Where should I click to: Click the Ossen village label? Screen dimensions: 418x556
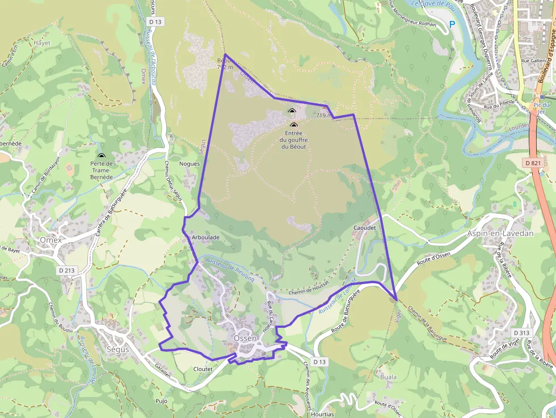coord(245,339)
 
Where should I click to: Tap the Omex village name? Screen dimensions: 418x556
coord(50,240)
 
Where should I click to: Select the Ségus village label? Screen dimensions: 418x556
coord(118,349)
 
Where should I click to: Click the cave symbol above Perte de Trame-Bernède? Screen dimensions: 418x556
coord(102,155)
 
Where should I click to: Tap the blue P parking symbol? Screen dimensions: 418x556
coord(452,24)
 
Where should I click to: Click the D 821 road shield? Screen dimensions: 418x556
coord(533,163)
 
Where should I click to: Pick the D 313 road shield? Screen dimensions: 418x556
coord(521,332)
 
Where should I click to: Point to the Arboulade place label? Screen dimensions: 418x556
coord(205,237)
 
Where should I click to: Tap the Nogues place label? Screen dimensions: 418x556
coord(189,164)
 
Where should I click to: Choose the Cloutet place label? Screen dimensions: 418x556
coord(203,369)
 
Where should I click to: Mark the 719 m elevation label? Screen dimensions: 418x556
coord(324,115)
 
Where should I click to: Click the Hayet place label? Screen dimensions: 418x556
coord(42,43)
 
